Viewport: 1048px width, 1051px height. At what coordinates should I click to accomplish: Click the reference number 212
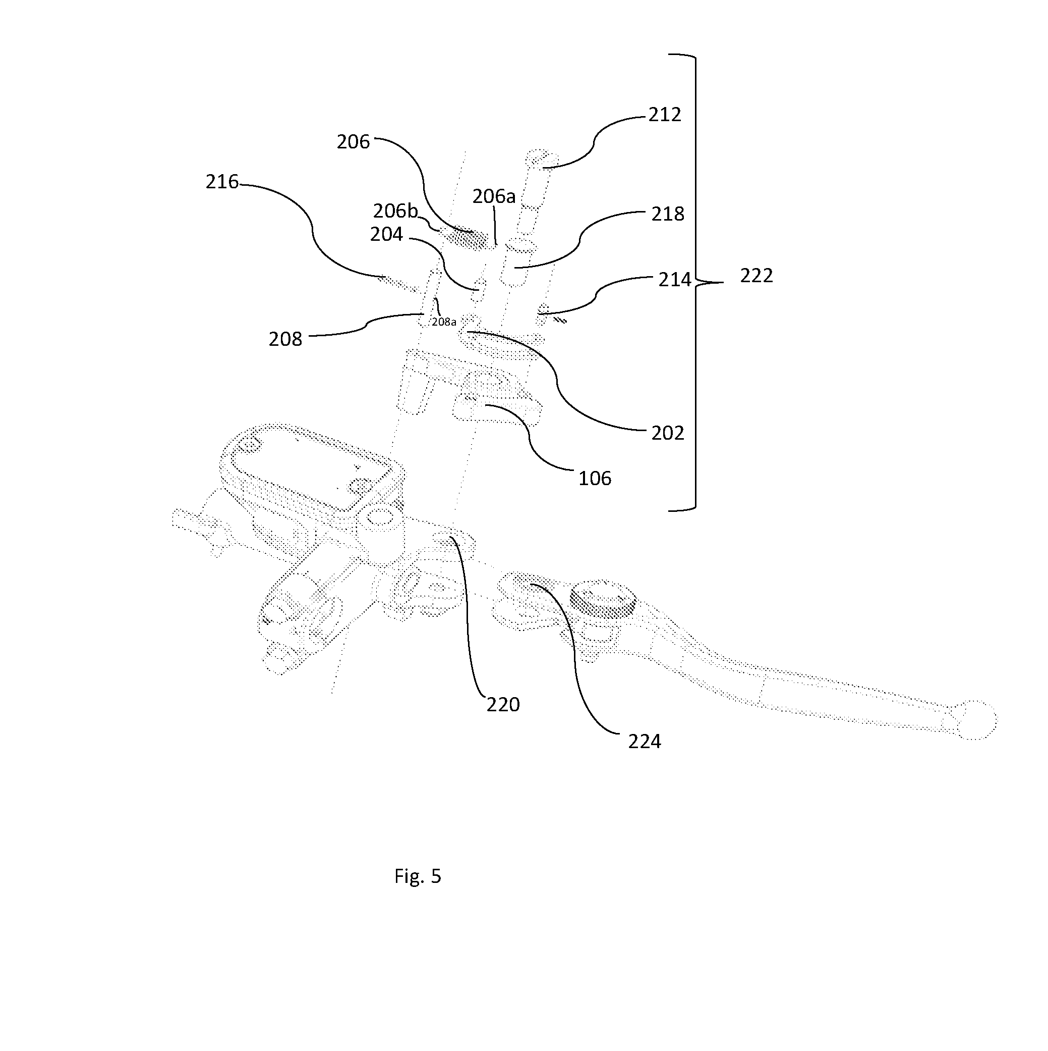point(665,115)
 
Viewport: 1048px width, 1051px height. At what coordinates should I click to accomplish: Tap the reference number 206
point(354,142)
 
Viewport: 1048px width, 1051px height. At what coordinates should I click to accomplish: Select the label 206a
point(494,196)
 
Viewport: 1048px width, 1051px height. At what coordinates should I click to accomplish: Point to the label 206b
point(395,211)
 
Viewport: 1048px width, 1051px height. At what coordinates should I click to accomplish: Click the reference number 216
point(222,182)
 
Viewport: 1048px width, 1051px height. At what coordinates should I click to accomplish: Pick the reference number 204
point(386,234)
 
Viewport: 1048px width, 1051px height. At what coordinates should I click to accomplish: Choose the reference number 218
point(668,215)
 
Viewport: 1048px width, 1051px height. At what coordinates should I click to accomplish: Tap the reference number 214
point(675,280)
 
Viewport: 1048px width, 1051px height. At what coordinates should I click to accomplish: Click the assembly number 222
point(756,276)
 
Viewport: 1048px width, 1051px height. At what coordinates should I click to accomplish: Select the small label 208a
point(444,322)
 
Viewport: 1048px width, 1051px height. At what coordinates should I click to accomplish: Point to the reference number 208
point(285,339)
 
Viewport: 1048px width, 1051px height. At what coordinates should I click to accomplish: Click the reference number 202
point(668,433)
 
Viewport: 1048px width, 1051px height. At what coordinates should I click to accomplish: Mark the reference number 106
point(595,479)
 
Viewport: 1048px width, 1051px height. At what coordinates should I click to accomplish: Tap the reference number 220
point(503,705)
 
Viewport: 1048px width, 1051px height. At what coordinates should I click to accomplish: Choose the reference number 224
point(645,742)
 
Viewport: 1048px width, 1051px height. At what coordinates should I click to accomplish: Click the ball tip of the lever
point(977,720)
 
